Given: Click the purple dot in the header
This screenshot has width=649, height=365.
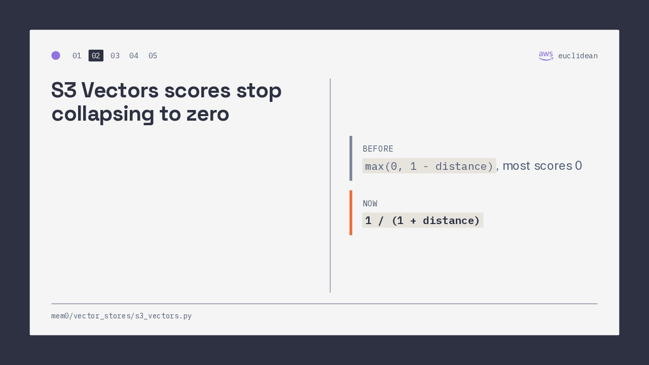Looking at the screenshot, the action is tap(56, 55).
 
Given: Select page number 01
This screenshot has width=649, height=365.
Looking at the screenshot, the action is tap(77, 56).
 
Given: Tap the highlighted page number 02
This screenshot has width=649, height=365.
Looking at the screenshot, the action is tap(96, 56).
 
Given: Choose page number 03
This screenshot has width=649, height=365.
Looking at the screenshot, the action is tap(115, 56).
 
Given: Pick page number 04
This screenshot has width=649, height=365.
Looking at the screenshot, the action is tap(134, 56).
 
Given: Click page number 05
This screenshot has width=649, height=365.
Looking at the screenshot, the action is tap(153, 56).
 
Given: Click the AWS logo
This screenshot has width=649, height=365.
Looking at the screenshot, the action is tap(546, 56).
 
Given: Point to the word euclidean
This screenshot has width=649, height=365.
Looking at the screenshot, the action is tap(578, 56).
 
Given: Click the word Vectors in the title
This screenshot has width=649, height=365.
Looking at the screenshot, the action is tap(120, 90).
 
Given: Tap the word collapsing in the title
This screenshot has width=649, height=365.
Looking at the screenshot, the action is tap(103, 115).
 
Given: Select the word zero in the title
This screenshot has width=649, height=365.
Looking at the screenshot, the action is tap(208, 115).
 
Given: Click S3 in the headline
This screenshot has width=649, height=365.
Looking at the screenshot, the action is tap(64, 90).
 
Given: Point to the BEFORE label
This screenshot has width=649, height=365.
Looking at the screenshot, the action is tap(378, 149).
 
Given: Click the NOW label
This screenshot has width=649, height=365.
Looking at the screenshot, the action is tap(370, 204).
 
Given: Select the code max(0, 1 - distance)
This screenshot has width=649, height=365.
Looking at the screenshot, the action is tap(429, 166).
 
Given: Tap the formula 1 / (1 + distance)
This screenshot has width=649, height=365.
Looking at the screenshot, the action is tap(423, 221).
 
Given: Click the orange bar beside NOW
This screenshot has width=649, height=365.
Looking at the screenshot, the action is tap(351, 212).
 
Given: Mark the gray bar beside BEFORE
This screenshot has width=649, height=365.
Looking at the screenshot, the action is tap(351, 159).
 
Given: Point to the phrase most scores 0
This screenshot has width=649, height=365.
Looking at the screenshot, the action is tap(542, 166).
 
